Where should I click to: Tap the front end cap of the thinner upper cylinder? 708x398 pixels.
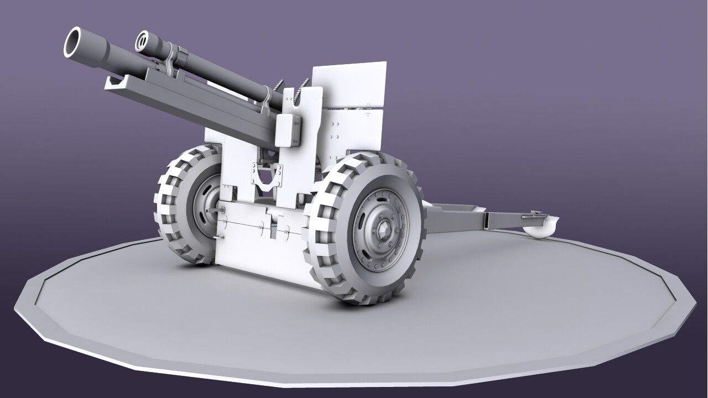point(144,40)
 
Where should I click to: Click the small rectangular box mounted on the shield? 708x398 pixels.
point(290,131)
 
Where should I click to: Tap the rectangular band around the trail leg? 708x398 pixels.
point(486,220)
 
